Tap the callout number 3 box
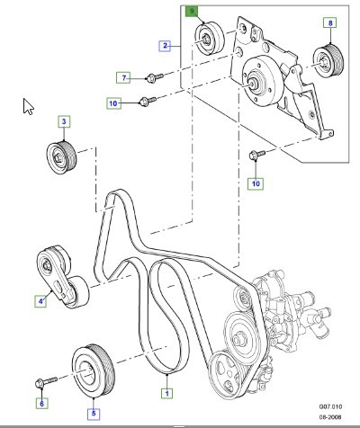(64, 120)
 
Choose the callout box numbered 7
(125, 76)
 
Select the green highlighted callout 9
(191, 11)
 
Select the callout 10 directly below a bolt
(256, 183)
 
